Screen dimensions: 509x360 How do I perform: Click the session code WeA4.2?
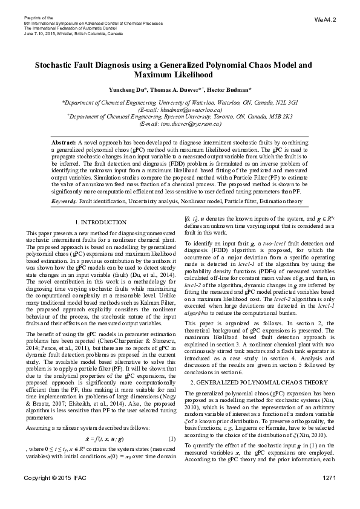326,20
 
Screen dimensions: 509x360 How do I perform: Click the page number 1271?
329,496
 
